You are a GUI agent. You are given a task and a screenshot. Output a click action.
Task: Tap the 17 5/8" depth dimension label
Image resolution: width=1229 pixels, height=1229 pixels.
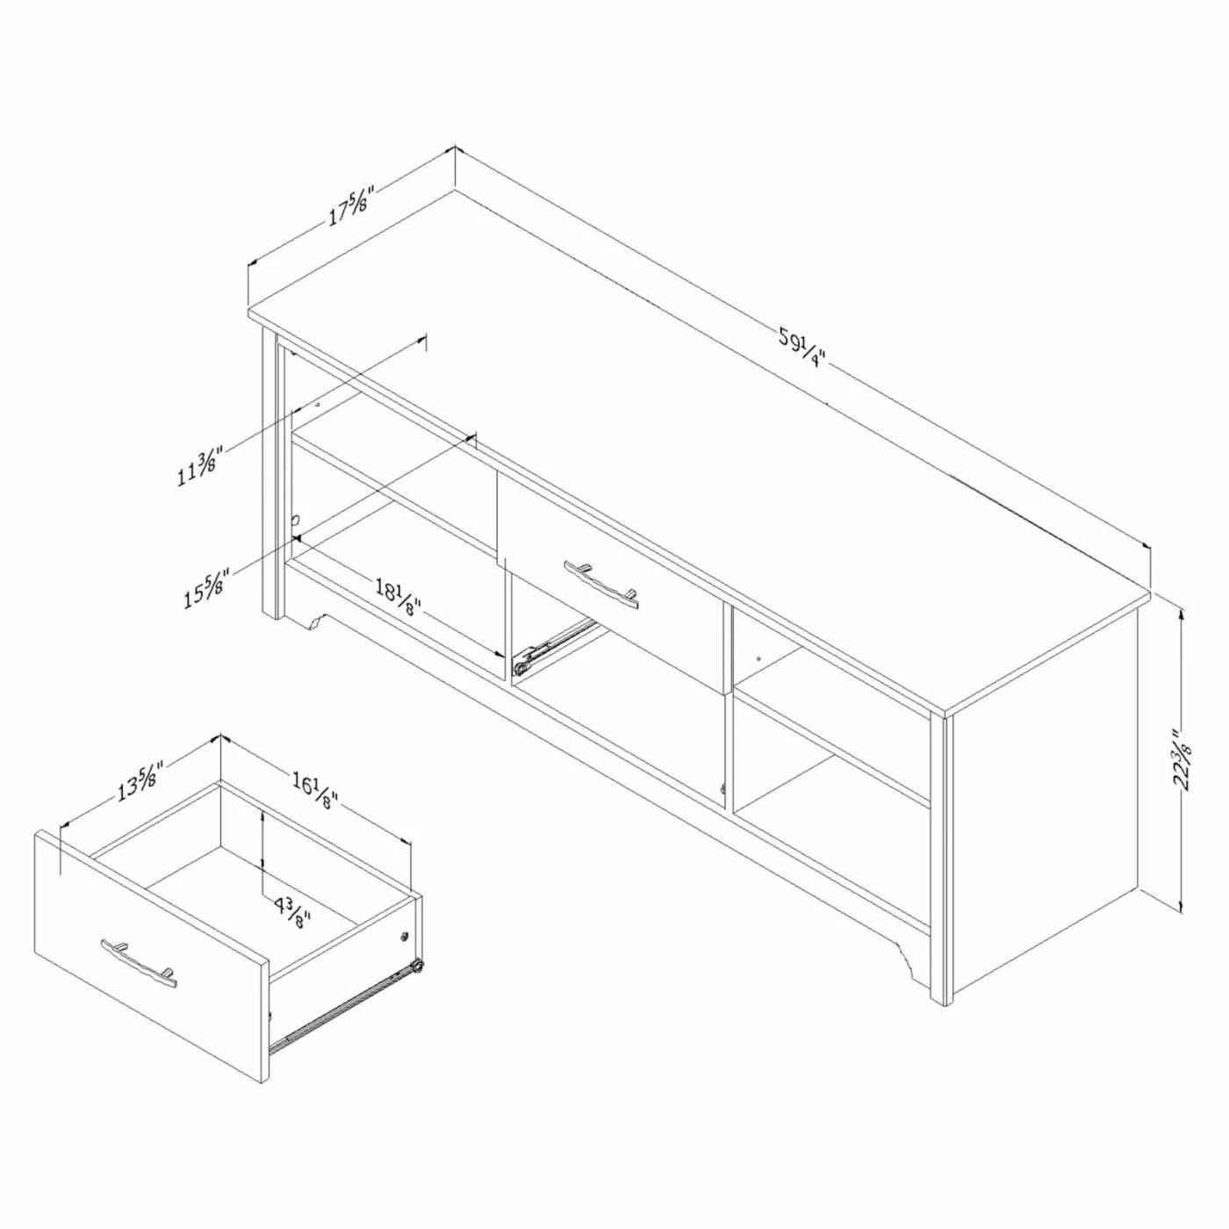tap(350, 207)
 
